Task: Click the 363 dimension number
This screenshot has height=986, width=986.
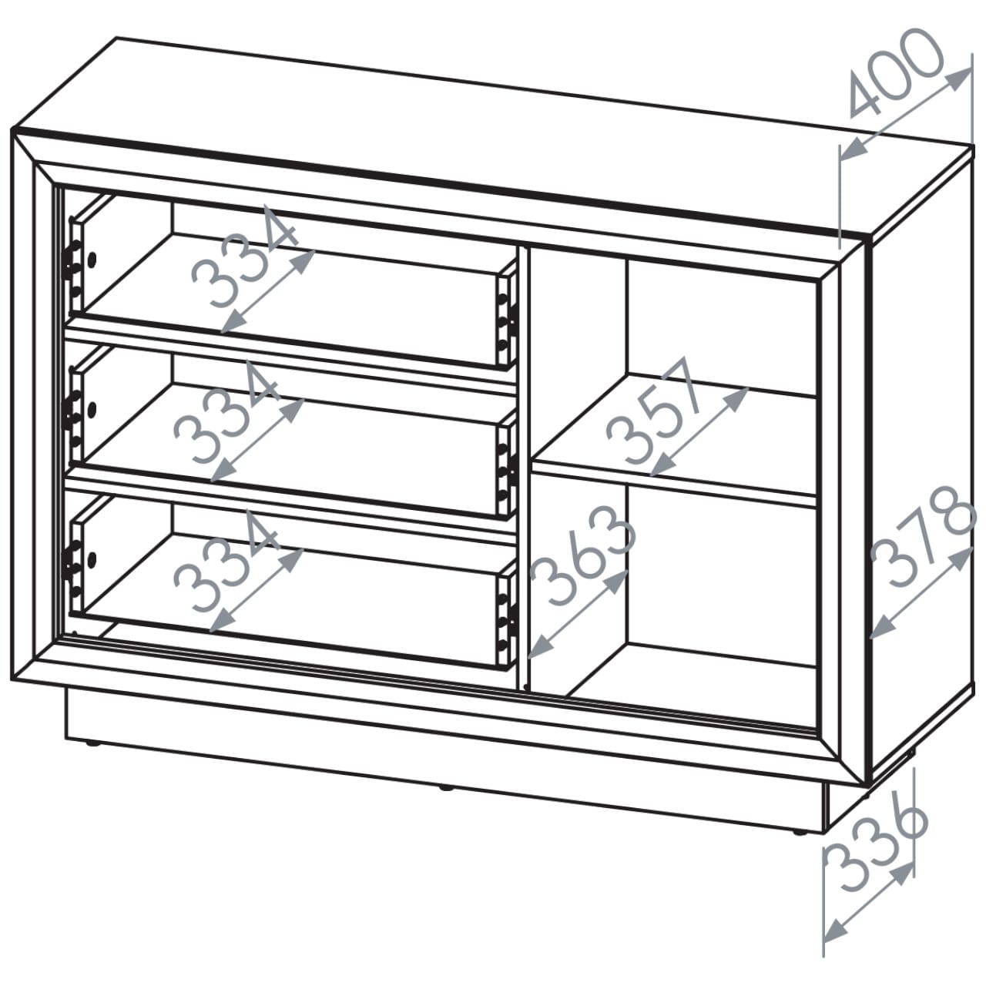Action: coord(583,556)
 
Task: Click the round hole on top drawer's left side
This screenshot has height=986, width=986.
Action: coord(92,260)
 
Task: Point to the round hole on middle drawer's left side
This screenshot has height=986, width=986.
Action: coord(92,409)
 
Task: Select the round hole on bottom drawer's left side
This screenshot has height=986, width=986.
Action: coord(92,558)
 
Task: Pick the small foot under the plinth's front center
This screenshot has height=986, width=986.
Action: coord(446,789)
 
